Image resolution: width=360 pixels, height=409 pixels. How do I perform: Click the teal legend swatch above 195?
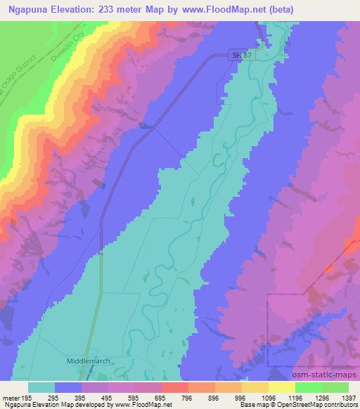[41, 387]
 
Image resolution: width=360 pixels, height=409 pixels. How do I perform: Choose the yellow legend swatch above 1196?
[282, 387]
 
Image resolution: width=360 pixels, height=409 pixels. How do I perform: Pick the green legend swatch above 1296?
[309, 387]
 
